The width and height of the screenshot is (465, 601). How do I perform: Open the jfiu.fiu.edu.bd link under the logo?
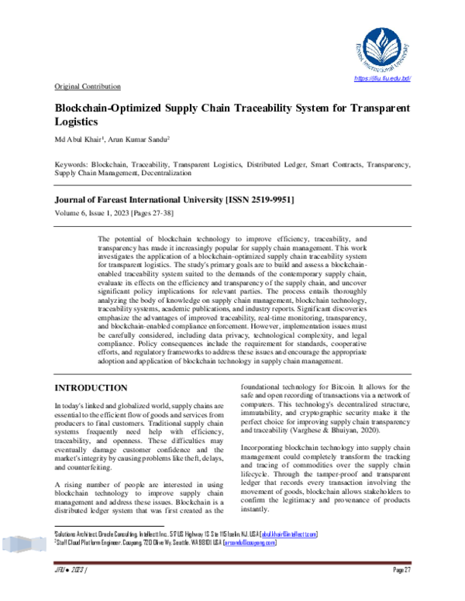381,80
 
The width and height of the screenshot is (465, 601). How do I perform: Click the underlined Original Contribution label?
88,86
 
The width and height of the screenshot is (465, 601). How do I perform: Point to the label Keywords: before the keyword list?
71,165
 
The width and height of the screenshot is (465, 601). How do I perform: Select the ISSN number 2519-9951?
269,199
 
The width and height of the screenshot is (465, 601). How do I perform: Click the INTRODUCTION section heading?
91,387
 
